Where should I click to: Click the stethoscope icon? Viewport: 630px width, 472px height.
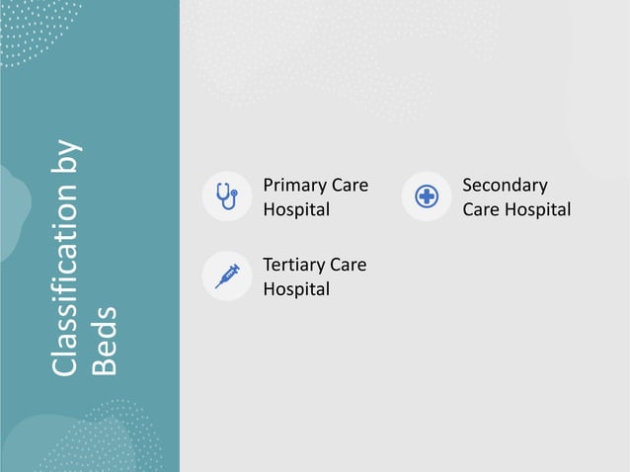coord(226,196)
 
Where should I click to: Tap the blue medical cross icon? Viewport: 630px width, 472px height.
coord(427,197)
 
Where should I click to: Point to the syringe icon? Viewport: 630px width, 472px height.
coord(227,275)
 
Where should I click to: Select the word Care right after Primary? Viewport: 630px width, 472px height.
coord(349,186)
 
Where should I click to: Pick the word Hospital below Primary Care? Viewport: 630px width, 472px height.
coord(296,209)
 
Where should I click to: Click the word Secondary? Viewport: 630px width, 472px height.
coord(505,186)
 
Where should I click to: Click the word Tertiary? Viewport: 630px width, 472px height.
coord(293,265)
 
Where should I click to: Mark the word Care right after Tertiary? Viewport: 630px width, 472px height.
coord(347,265)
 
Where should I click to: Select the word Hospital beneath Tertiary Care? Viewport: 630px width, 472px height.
coord(296,288)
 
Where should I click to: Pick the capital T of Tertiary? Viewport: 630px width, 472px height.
coord(268,265)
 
